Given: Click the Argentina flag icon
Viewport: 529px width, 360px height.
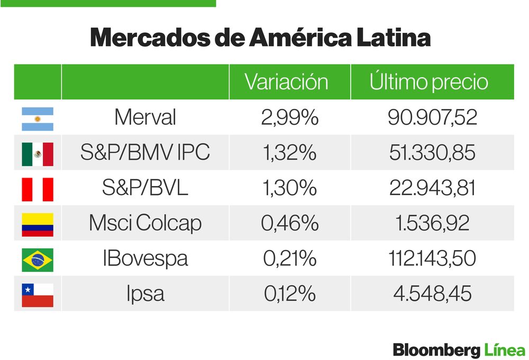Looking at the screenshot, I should [38, 119].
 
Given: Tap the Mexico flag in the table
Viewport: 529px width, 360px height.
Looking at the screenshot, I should [38, 154].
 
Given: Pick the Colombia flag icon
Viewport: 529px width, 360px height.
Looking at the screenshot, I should [38, 224].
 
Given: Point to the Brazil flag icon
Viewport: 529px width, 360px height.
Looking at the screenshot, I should [38, 260].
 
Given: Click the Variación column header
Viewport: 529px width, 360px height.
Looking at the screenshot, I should [286, 82].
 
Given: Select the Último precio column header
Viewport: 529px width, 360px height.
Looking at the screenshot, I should [428, 82].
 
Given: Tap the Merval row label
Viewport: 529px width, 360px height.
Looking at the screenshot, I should [145, 117].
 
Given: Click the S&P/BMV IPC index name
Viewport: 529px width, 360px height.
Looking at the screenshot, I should [145, 153].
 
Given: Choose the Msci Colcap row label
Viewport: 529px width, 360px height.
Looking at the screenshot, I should [145, 223].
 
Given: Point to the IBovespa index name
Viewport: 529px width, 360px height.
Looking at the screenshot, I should [145, 259].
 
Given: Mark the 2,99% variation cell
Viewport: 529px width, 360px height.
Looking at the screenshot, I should [289, 117].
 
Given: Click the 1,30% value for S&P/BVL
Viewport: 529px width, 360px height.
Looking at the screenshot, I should [289, 188].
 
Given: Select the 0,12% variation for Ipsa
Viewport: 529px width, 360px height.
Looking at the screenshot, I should [289, 294].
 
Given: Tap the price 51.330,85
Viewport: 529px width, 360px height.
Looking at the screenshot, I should [432, 153].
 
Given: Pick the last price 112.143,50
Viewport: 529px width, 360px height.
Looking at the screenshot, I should [432, 259].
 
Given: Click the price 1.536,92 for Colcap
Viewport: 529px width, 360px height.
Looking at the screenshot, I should [432, 223].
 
